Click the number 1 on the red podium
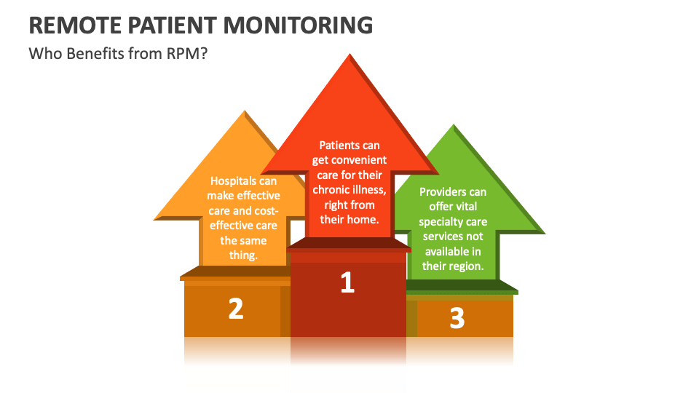point(347,283)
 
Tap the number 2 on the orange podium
point(235,309)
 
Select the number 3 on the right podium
point(457,318)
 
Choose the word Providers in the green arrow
point(443,191)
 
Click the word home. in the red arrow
point(364,219)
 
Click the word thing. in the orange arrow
point(243,255)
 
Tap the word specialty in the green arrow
point(443,221)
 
